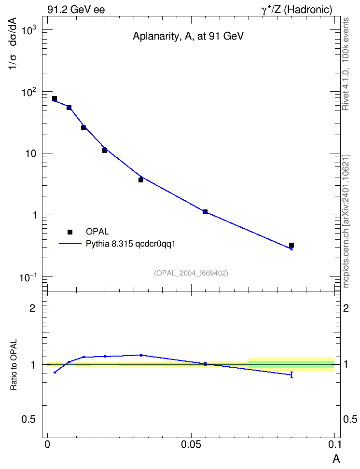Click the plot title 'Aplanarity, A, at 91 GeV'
[188, 36]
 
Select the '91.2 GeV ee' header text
[76, 10]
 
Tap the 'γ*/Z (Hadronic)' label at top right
[297, 10]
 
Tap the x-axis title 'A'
[336, 458]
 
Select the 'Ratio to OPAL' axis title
[14, 365]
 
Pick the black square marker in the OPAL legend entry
[70, 232]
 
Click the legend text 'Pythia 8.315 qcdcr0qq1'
[130, 244]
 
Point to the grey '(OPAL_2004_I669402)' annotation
[191, 273]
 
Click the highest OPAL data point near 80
[55, 98]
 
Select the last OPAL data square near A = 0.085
[291, 245]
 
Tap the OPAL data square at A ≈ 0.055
[205, 212]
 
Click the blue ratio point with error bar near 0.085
[291, 375]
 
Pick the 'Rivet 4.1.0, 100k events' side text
[346, 64]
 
